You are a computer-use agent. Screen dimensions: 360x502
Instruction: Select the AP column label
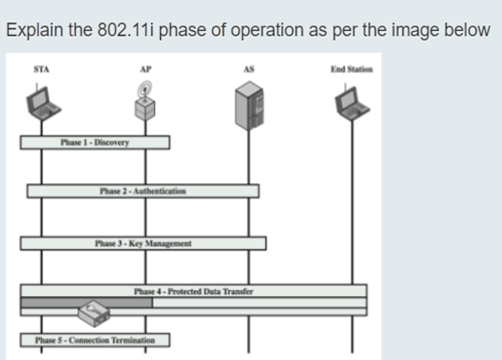[145, 68]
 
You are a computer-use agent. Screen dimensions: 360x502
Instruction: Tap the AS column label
[249, 68]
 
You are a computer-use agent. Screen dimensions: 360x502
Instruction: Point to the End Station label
[351, 68]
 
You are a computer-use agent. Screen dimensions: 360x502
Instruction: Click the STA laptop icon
[41, 101]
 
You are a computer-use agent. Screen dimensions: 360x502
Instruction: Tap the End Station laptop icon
[351, 101]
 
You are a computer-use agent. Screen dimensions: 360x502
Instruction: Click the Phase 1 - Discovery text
[95, 142]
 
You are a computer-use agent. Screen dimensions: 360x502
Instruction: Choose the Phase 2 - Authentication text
[143, 191]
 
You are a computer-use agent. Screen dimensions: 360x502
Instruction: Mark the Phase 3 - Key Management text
[143, 244]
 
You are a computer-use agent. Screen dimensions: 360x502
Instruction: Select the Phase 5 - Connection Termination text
[95, 340]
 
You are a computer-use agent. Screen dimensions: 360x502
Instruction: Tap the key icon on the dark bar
[93, 310]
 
